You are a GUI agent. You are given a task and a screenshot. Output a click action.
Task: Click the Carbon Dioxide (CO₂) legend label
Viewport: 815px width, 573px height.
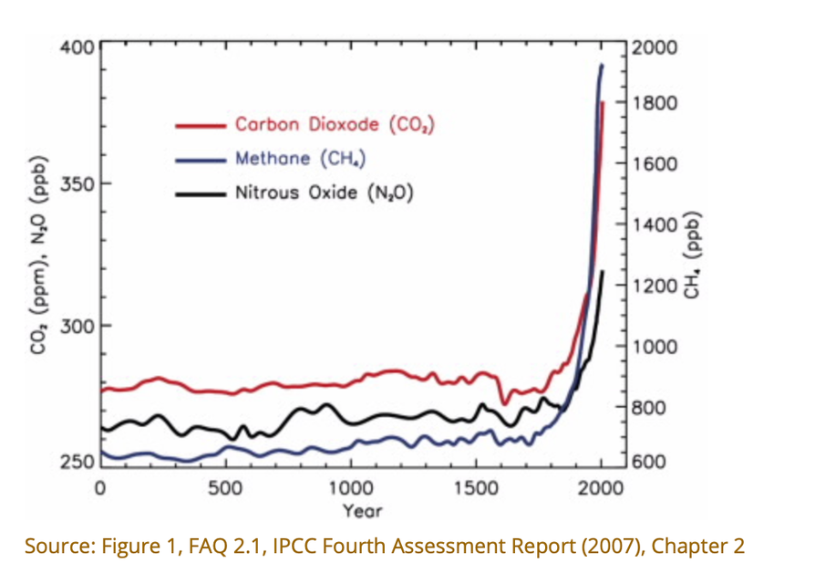point(334,124)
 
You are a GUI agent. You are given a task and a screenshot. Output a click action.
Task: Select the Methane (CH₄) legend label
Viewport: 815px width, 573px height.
point(300,159)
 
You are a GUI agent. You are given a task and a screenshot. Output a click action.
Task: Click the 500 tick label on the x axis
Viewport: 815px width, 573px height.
point(224,487)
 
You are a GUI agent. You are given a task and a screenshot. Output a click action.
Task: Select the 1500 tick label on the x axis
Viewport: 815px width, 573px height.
point(475,487)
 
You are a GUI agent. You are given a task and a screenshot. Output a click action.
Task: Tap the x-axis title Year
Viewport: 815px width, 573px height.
point(362,510)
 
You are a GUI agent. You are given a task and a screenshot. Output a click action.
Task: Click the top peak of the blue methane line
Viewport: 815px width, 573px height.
point(602,65)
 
